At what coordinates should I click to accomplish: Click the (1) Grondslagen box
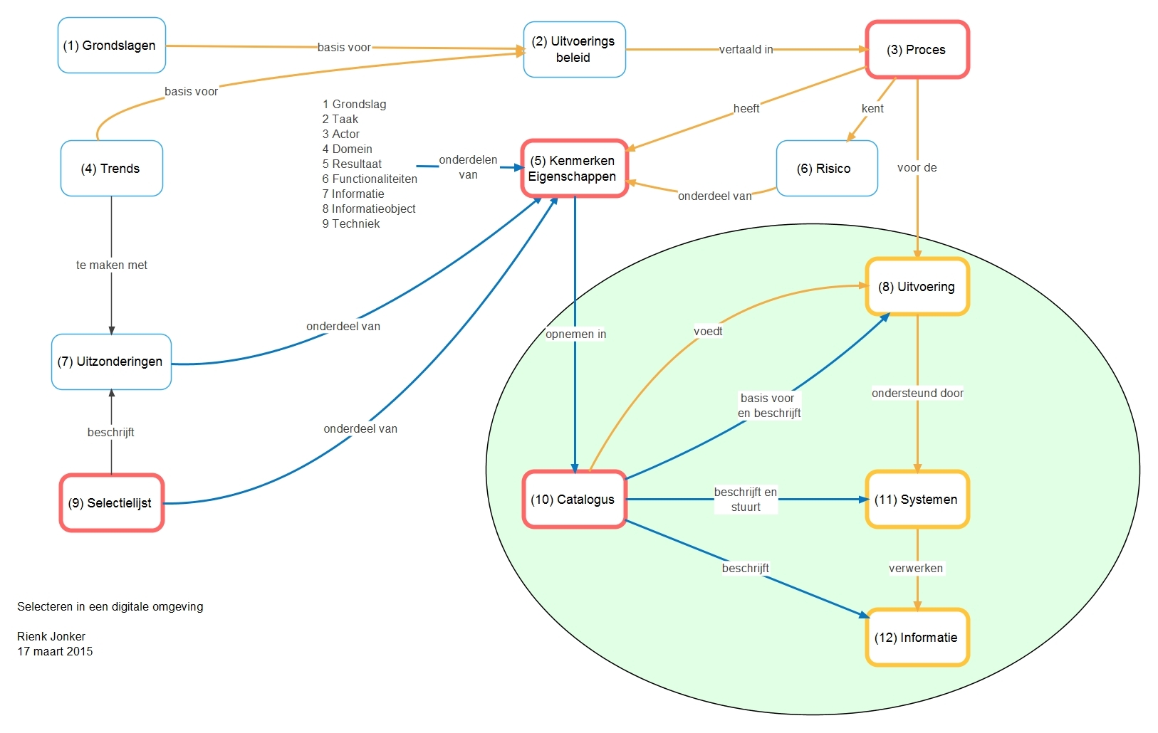111,46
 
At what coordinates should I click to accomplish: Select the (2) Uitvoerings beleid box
574,49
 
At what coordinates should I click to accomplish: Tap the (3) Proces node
917,50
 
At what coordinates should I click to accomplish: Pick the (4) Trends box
111,169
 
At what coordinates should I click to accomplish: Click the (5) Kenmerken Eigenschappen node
573,169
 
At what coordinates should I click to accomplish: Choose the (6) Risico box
826,169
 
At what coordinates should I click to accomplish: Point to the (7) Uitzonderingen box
111,362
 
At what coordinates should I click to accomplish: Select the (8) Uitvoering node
917,287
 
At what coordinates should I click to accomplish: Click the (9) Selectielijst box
111,503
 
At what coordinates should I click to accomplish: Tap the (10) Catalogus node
573,500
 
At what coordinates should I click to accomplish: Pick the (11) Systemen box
917,500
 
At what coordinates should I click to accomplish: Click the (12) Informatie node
917,638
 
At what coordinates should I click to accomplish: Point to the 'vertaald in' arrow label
746,50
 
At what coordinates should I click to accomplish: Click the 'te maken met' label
112,265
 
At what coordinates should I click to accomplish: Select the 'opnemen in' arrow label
575,334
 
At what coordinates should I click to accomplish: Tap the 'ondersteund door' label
917,394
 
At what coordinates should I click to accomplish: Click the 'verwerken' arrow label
916,569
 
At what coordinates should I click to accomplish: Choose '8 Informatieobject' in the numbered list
369,209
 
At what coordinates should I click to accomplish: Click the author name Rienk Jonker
51,637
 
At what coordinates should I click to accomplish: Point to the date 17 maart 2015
55,652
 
